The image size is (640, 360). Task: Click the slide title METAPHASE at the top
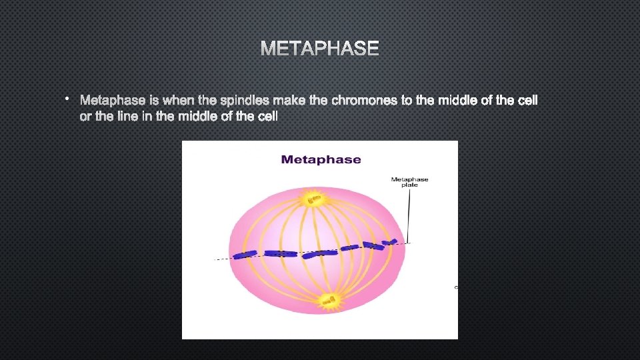319,49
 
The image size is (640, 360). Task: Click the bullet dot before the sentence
68,99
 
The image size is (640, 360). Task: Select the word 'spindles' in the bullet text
243,101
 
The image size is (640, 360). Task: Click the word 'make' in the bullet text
290,101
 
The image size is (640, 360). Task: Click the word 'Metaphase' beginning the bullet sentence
112,101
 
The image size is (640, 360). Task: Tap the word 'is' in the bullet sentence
154,101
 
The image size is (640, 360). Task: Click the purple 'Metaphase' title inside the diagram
321,159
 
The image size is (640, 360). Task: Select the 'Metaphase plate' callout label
409,181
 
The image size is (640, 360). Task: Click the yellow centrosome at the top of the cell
313,199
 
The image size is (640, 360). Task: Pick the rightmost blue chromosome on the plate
393,242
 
